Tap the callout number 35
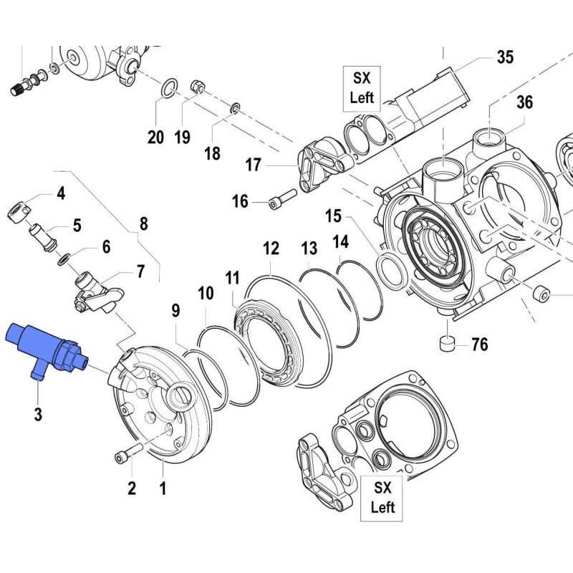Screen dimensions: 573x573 pos(506,57)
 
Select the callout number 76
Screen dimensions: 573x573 pos(479,345)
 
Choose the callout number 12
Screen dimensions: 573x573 pos(271,249)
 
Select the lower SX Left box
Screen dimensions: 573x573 pos(383,498)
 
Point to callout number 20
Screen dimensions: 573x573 pos(156,136)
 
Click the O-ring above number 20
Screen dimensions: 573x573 pos(167,89)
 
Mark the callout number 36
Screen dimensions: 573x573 pos(524,103)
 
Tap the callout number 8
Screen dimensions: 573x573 pos(143,223)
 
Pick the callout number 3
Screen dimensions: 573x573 pos(37,413)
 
